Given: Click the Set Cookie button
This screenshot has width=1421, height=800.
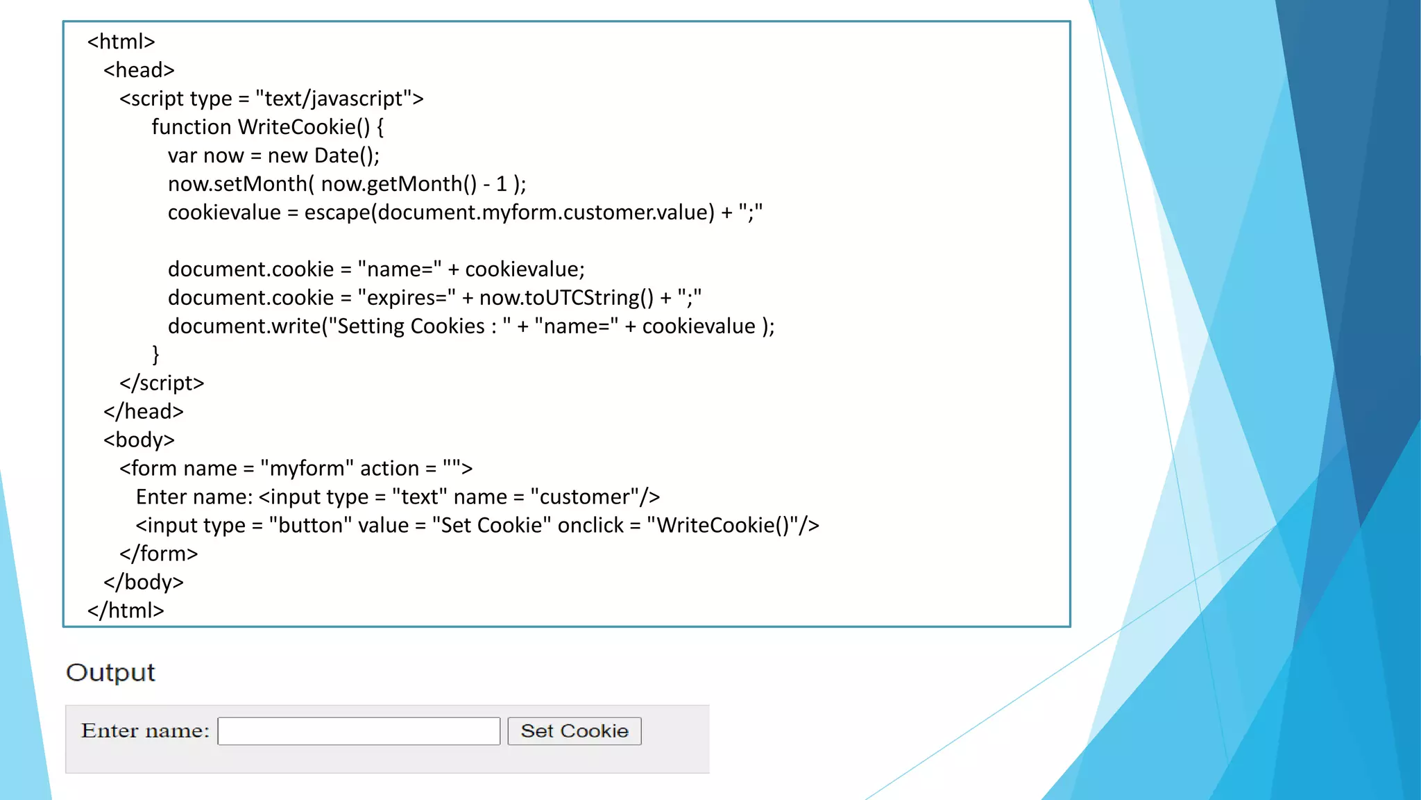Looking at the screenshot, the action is coord(574,731).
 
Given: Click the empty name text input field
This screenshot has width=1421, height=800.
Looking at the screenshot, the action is coord(358,731).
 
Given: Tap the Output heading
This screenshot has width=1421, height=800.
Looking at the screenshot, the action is coord(110,672).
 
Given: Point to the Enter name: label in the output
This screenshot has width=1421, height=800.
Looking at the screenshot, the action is coord(145,731).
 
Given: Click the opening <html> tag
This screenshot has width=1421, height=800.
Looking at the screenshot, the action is coord(121,42).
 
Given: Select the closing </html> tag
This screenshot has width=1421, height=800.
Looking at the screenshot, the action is coord(126,610).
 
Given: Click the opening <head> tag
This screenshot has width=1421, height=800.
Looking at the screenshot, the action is coord(139,70).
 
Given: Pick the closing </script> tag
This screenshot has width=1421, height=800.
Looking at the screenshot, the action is coord(162,383).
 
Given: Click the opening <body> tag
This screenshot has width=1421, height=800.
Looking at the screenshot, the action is coord(139,440).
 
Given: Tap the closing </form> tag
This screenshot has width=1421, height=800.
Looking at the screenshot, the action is coord(158,553).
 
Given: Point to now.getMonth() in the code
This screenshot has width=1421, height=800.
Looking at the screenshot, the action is coord(399,184).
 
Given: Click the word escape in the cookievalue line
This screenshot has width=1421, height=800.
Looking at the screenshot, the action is coord(337,212).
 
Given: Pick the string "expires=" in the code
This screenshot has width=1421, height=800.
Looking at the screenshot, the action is coord(407,298).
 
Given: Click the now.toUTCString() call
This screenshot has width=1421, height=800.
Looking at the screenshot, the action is coord(566,298).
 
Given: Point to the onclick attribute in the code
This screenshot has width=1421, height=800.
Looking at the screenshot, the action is coord(590,526).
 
